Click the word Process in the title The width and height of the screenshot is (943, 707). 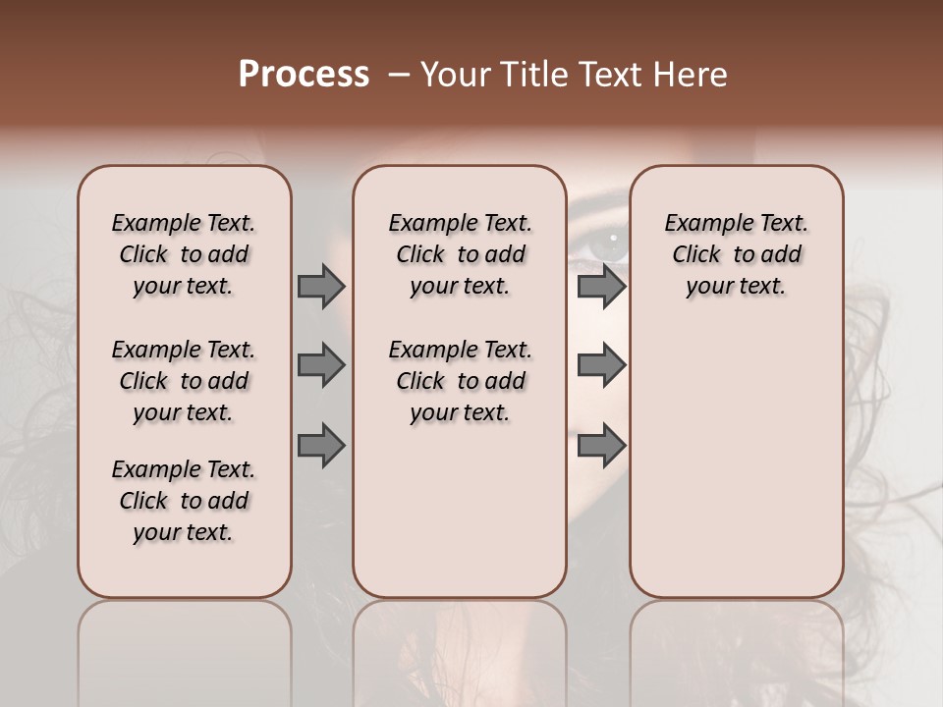304,74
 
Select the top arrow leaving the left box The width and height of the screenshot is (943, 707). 321,286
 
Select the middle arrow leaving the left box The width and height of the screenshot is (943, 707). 321,365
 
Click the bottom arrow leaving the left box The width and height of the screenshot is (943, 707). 321,445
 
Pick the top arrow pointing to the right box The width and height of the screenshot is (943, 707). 601,286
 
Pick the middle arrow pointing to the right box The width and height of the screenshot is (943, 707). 601,365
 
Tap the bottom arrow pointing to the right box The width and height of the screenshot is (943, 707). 601,445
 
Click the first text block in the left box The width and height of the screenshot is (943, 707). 184,254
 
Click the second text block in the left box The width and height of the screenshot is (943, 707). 184,381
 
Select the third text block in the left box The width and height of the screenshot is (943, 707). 184,501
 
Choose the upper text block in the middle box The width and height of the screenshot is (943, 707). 460,254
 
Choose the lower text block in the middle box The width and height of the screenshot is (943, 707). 460,381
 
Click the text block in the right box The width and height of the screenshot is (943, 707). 736,254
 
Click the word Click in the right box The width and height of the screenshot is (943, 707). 696,254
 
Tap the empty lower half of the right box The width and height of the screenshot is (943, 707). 736,471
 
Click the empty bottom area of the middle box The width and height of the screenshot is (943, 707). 460,520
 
